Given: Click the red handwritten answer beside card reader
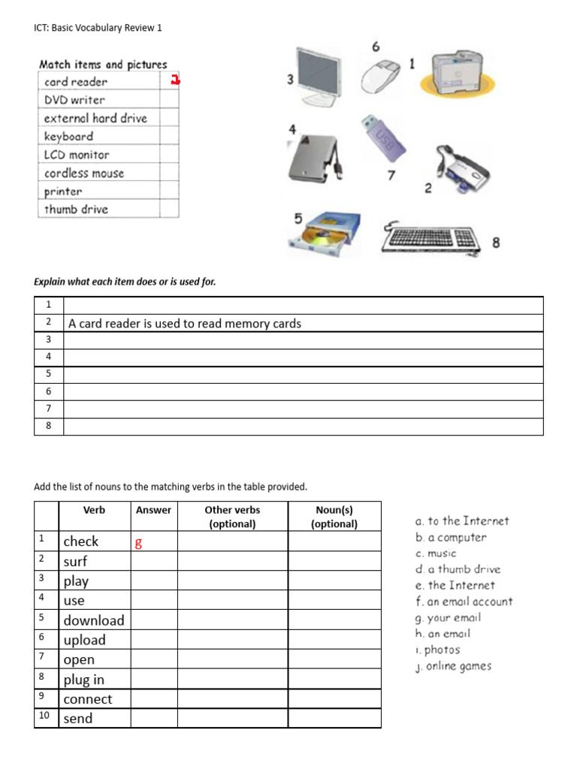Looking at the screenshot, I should click(x=175, y=80).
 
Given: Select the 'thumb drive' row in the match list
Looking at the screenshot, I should click(x=76, y=210).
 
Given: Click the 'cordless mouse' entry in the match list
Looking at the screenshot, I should click(x=84, y=173).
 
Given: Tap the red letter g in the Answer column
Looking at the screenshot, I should click(x=138, y=543).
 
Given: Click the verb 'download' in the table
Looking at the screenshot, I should click(x=94, y=620).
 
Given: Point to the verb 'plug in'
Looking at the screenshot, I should click(x=84, y=680).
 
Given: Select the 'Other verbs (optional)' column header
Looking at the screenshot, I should click(x=232, y=517).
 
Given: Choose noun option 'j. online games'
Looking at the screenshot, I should click(x=453, y=666).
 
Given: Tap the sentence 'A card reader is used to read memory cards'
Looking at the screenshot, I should click(x=185, y=324).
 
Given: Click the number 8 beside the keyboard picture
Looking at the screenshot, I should click(x=496, y=243).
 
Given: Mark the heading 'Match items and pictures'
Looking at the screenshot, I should click(x=103, y=65).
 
